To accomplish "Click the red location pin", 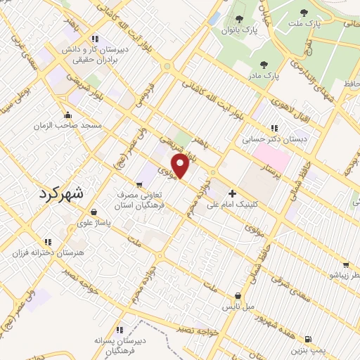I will coord(181,167).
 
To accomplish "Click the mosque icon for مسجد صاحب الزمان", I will coord(68,115).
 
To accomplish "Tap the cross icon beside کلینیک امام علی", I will coord(232,193).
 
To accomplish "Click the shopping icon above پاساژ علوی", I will coord(94,211).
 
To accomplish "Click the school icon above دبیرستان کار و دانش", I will coord(94,39).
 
